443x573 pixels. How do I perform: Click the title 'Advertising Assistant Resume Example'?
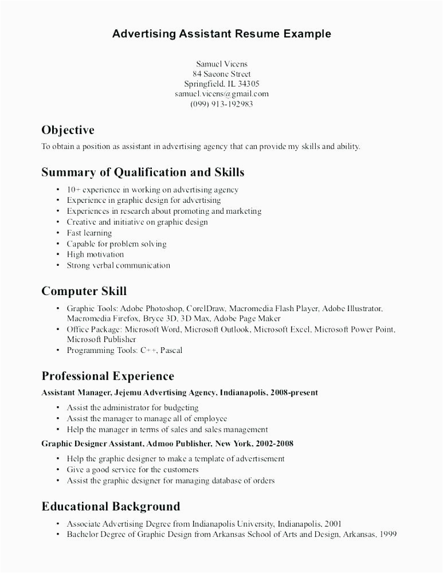pos(221,34)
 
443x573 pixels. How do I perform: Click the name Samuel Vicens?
pos(222,64)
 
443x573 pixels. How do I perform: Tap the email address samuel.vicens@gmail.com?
pos(222,94)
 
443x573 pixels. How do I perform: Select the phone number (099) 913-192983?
pos(222,104)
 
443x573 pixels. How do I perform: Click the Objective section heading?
pos(68,130)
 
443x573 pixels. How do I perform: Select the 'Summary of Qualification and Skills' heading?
pos(143,172)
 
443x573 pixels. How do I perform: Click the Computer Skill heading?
pos(84,291)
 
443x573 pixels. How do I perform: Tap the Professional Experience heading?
pos(108,376)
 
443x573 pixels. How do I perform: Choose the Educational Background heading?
pos(111,507)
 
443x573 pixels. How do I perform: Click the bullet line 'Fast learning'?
pos(89,233)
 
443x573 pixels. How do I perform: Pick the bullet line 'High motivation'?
pos(95,254)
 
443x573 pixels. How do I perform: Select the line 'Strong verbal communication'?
pos(119,265)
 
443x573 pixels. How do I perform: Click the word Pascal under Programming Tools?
pos(171,350)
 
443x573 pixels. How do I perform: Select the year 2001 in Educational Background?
pos(334,524)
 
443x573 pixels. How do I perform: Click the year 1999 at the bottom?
pos(387,535)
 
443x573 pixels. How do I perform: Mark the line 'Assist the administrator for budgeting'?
pos(132,407)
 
